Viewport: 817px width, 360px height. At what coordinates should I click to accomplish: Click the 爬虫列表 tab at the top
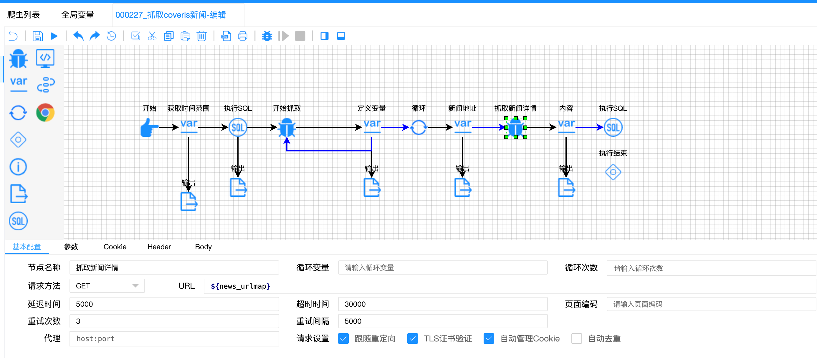click(24, 15)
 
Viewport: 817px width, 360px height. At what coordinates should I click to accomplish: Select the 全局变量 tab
click(77, 15)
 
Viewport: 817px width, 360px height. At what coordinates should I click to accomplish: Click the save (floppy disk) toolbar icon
click(37, 36)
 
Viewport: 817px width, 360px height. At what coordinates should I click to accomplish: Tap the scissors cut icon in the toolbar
click(152, 36)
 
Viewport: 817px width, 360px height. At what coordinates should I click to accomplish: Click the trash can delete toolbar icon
click(202, 36)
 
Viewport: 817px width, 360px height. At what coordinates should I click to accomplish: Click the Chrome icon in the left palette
click(45, 113)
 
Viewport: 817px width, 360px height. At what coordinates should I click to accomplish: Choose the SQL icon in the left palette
click(18, 221)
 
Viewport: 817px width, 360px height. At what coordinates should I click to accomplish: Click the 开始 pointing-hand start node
click(149, 128)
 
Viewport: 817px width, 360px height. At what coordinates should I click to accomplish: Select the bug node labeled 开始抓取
click(287, 128)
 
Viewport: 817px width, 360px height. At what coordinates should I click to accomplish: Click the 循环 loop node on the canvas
click(418, 128)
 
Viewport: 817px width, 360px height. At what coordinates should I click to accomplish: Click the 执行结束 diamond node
click(613, 172)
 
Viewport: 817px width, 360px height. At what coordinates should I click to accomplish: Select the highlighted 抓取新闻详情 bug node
click(515, 128)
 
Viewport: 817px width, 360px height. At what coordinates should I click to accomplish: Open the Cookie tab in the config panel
click(115, 247)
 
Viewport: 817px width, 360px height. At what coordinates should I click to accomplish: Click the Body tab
click(203, 247)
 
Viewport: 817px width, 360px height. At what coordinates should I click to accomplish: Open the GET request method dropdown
click(107, 286)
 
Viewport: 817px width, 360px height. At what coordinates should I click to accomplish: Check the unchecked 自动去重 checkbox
click(576, 338)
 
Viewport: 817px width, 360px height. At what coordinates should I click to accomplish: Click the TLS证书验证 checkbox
click(412, 338)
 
